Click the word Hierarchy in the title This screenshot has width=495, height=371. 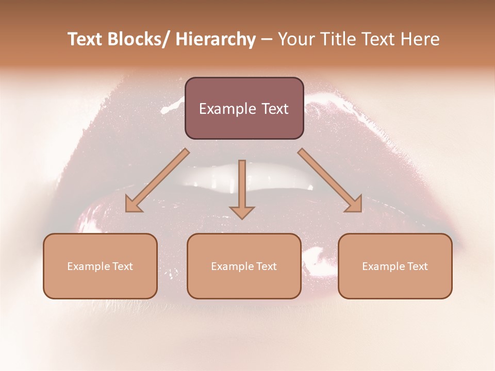click(215, 40)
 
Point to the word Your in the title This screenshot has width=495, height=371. click(295, 40)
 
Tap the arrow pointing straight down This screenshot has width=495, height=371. click(242, 185)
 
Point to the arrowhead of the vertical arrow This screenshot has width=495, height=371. click(242, 212)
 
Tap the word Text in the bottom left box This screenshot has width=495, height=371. click(122, 266)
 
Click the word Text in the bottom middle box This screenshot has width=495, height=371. click(266, 266)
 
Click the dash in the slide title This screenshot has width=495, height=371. click(267, 40)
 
